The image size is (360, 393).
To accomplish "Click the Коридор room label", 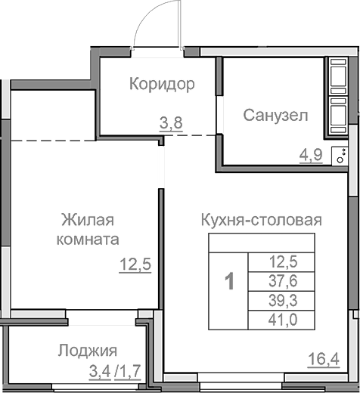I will pos(161,83).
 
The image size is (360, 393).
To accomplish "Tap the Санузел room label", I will pos(275,115).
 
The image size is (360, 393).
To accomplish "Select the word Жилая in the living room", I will pos(87,220).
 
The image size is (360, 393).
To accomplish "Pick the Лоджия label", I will pos(88,350).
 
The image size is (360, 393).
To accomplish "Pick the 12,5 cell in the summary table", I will pos(283,262).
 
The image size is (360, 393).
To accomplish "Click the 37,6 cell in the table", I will pos(283,281).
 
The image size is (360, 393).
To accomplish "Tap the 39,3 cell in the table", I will pos(283,300).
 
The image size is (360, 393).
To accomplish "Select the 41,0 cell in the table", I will pos(283,319).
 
